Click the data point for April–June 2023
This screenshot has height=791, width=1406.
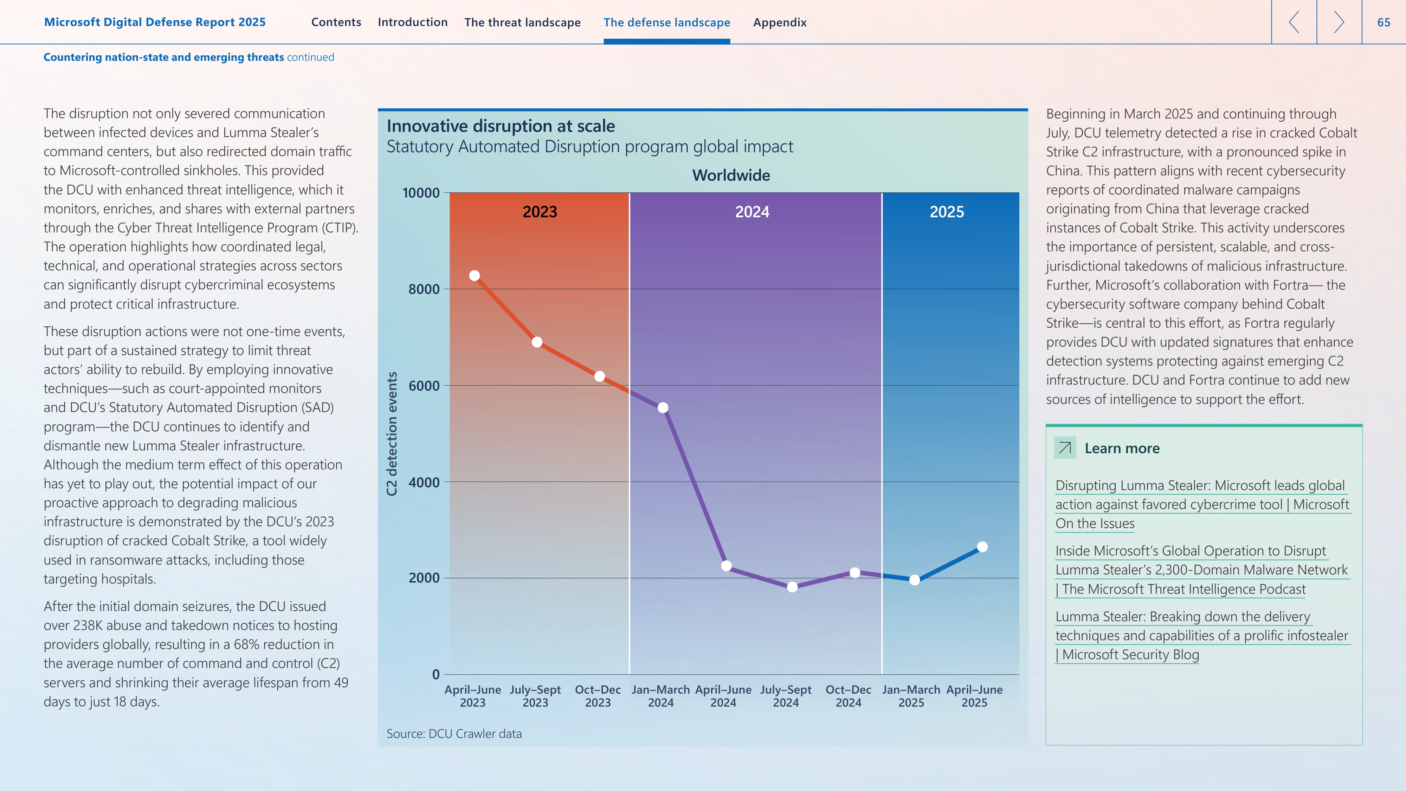coord(474,276)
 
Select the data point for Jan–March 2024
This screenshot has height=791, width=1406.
coord(663,408)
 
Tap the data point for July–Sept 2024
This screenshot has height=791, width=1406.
coord(792,587)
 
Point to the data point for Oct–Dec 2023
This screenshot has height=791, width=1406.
coord(599,377)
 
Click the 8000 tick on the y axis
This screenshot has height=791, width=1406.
coord(424,289)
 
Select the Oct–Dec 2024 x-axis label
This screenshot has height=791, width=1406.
coord(848,696)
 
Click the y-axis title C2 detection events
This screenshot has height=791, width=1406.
coord(391,434)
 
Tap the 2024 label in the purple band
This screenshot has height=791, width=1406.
coord(752,212)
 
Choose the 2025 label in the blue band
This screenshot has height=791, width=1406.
coord(947,212)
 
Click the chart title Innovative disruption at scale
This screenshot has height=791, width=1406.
coord(501,126)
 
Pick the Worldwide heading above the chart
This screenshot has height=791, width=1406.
coord(731,175)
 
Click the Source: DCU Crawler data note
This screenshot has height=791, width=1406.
coord(454,734)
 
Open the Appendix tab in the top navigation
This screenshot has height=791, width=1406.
coord(779,22)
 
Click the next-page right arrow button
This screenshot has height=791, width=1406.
coord(1339,22)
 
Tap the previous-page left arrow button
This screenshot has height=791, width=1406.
coord(1294,22)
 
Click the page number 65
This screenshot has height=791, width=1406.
coord(1384,22)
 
